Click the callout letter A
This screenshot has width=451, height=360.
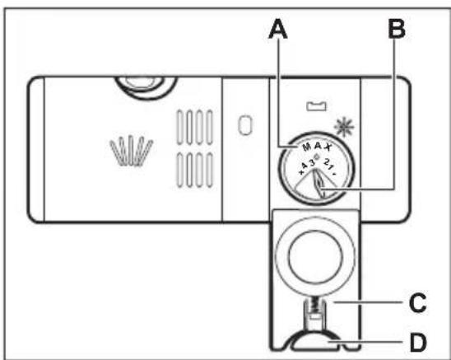[278, 29]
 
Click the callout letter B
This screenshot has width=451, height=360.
[397, 29]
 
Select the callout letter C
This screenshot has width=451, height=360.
[417, 302]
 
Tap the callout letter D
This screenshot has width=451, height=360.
[419, 343]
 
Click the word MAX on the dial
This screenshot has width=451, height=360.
[317, 147]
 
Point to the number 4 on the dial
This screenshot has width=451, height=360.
[305, 166]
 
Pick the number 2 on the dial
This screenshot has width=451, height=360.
[327, 162]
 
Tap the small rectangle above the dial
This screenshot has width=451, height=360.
[316, 106]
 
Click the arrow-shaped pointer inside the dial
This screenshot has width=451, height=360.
[318, 183]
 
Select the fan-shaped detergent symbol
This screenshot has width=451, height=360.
[132, 150]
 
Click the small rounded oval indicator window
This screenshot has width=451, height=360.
[245, 125]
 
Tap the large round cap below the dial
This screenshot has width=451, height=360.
[315, 257]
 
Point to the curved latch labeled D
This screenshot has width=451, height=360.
[315, 340]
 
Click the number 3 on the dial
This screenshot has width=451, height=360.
[313, 163]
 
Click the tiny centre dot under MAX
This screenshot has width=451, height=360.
[317, 157]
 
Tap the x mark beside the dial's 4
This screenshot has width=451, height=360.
[301, 172]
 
